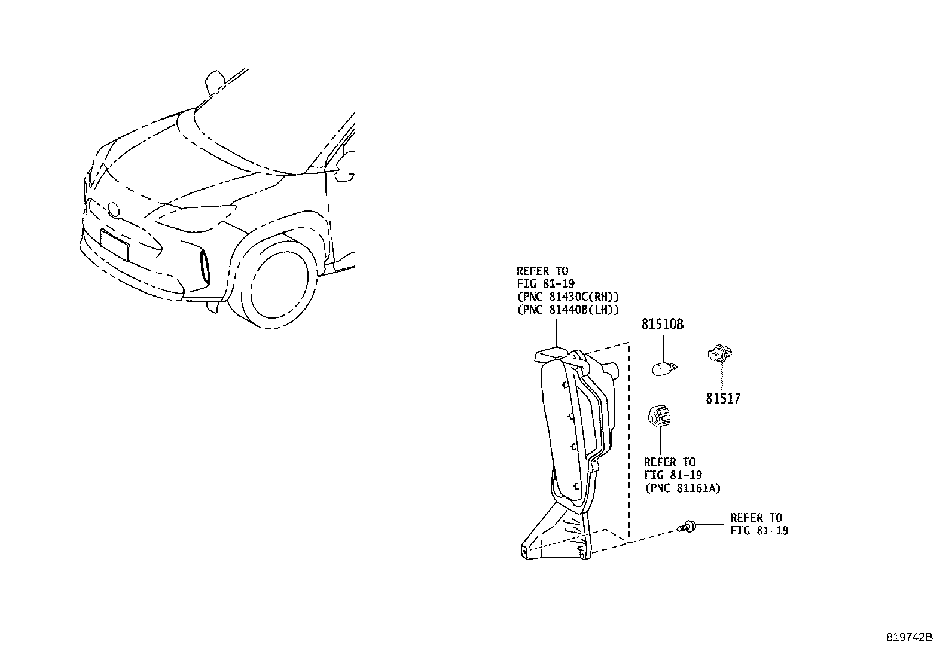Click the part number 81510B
pyautogui.click(x=662, y=324)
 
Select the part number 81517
pyautogui.click(x=723, y=398)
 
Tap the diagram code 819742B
pyautogui.click(x=909, y=637)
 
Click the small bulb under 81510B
pyautogui.click(x=664, y=368)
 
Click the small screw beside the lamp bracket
pyautogui.click(x=686, y=527)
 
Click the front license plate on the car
pyautogui.click(x=114, y=245)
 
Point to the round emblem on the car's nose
pyautogui.click(x=114, y=209)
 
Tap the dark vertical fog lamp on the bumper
pyautogui.click(x=205, y=267)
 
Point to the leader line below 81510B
pyautogui.click(x=663, y=348)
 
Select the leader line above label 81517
pyautogui.click(x=722, y=377)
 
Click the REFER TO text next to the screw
pyautogui.click(x=756, y=518)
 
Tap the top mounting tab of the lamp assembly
pyautogui.click(x=550, y=354)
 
